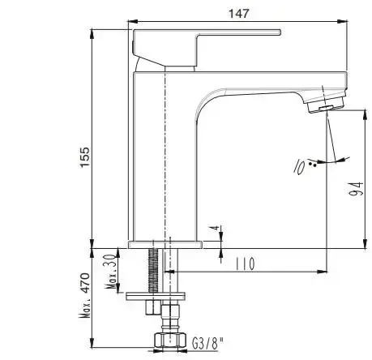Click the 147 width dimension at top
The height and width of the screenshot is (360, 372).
click(238, 13)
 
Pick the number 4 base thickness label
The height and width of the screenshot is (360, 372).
click(213, 230)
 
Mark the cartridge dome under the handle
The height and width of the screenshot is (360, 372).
click(150, 62)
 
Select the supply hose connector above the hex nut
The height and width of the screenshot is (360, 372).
click(171, 312)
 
